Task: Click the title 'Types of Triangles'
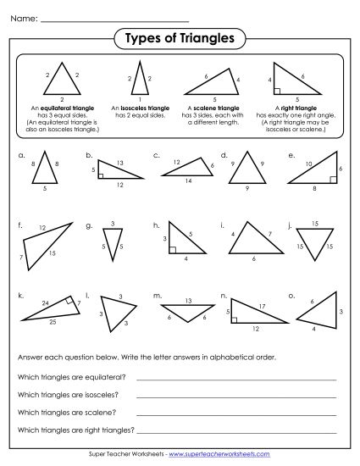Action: pyautogui.click(x=180, y=37)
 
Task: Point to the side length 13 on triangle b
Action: pyautogui.click(x=121, y=162)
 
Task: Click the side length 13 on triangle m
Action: pyautogui.click(x=187, y=300)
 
